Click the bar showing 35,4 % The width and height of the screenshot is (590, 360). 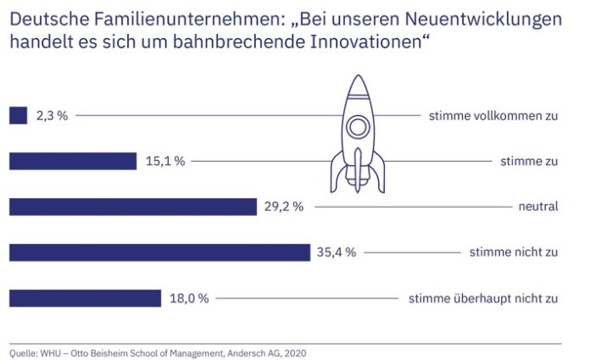click(159, 252)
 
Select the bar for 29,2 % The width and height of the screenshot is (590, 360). click(132, 207)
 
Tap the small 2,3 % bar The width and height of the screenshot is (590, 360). click(18, 115)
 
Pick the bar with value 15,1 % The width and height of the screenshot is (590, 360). click(72, 161)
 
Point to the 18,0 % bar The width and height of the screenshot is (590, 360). click(84, 298)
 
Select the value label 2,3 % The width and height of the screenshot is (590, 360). click(52, 115)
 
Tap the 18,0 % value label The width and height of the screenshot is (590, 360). click(189, 298)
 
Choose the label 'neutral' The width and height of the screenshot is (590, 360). click(538, 207)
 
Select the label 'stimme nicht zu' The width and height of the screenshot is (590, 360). click(514, 252)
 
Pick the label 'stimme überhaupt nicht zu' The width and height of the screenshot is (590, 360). click(483, 298)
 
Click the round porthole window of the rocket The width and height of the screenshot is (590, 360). click(359, 128)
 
